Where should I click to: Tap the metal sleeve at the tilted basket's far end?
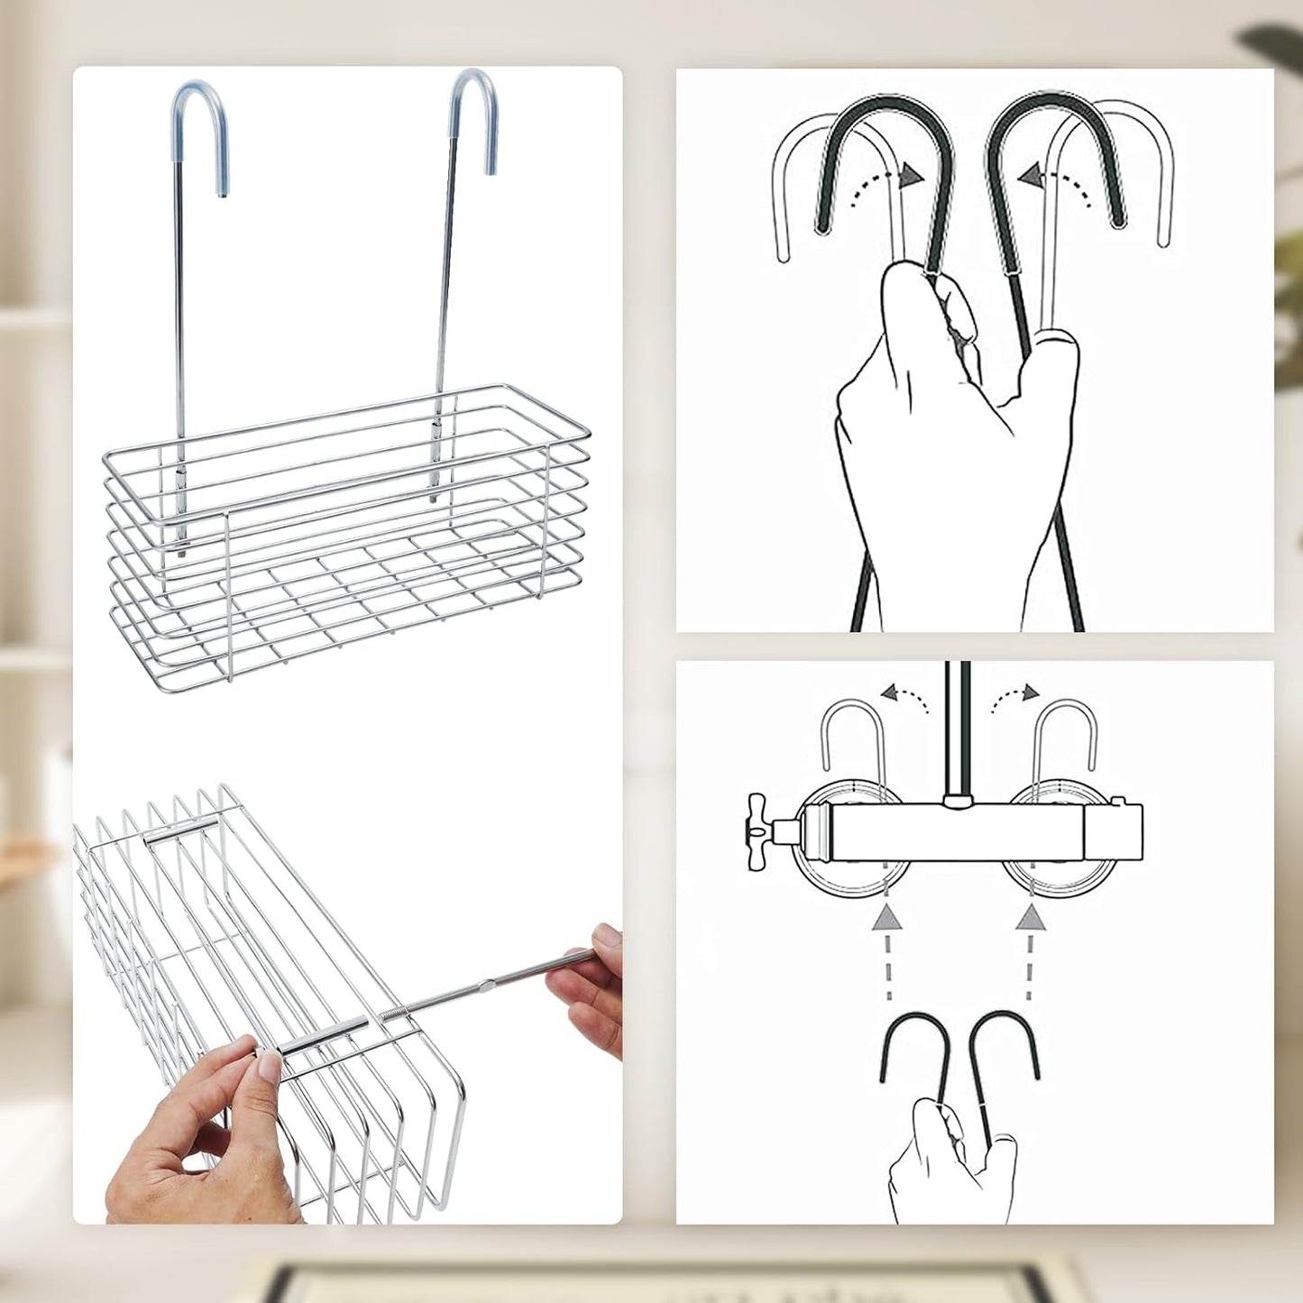tap(181, 831)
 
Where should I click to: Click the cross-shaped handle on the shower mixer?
tap(757, 821)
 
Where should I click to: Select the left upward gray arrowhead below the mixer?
tap(888, 919)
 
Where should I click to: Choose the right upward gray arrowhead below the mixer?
tap(1030, 919)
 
